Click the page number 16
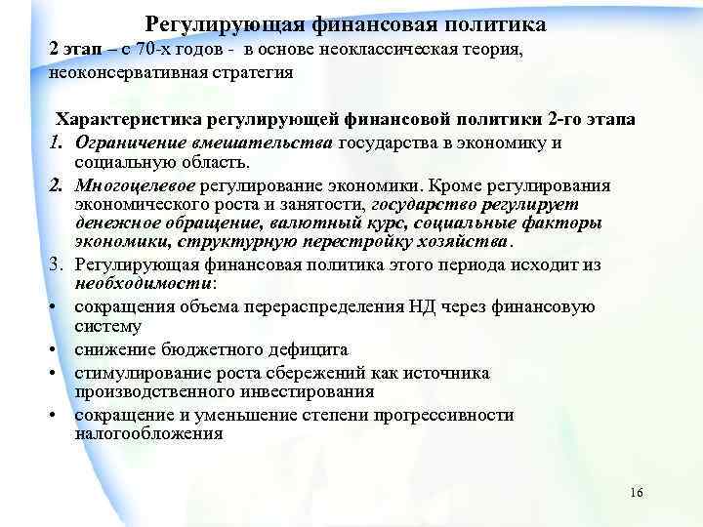pos(637,491)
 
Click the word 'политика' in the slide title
pos(492,22)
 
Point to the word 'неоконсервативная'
pos(122,72)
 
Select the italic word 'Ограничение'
pos(125,142)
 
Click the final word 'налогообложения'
pos(148,434)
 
